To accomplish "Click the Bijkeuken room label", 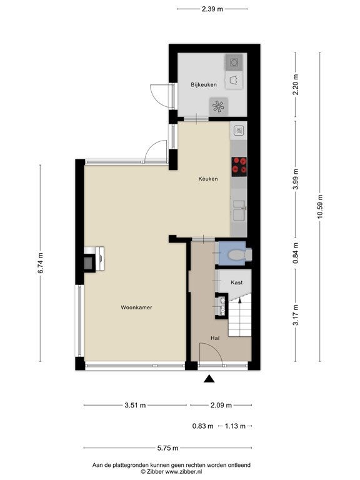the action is tap(204, 84).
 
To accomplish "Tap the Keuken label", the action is tap(208, 179).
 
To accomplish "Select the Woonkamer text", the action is tap(136, 307).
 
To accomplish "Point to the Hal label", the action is tap(215, 338).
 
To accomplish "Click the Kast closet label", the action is tap(237, 282).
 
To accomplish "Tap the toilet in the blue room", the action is tap(240, 254).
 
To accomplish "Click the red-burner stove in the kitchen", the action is tap(239, 166).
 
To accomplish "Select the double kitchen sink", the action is tap(239, 210).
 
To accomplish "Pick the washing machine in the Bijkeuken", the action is tap(234, 62).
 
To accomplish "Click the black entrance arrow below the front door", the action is tap(209, 379).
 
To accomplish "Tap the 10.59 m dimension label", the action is tap(320, 206).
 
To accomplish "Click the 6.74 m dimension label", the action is tap(41, 262).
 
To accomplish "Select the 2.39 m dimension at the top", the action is tap(212, 9).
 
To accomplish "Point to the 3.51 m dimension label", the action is tap(135, 405).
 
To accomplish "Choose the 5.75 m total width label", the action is tap(167, 448).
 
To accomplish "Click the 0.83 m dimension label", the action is tap(202, 426).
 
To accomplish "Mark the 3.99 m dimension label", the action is tap(296, 179).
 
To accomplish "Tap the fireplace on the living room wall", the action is tap(94, 259).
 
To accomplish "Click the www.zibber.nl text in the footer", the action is tap(184, 471).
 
